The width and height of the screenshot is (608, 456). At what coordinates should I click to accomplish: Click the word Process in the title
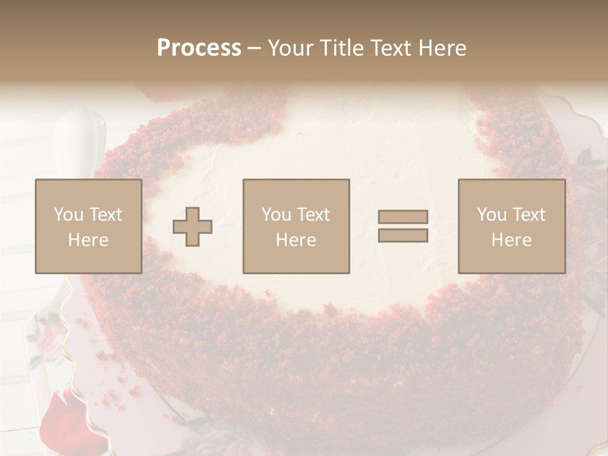[199, 48]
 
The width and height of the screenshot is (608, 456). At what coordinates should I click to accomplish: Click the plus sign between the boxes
[193, 227]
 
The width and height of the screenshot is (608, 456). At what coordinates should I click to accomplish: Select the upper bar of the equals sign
[403, 217]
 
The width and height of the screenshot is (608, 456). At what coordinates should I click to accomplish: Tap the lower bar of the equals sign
[403, 235]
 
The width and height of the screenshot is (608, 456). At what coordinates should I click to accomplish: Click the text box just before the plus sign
[88, 226]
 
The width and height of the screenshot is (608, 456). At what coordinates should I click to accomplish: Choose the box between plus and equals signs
[296, 226]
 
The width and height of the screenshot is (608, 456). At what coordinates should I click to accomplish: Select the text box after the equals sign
[511, 226]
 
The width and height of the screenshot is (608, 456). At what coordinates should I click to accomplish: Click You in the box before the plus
[68, 215]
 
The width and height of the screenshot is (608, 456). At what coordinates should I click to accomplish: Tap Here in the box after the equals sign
[511, 239]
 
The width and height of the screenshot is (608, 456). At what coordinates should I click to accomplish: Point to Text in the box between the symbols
[314, 215]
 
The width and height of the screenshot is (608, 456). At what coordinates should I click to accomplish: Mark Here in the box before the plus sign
[88, 239]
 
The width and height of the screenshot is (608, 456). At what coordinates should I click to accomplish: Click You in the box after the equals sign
[491, 215]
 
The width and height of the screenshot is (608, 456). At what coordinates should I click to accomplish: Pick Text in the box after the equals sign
[529, 215]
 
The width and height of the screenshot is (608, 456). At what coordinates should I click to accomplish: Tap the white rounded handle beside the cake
[79, 139]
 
